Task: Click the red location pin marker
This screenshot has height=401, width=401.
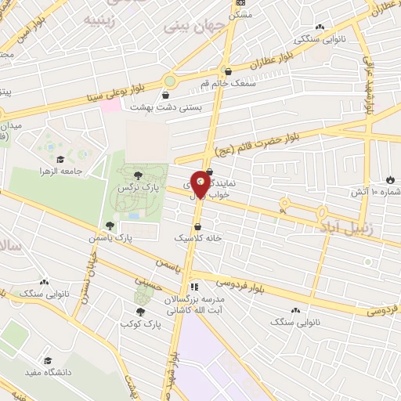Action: [201, 182]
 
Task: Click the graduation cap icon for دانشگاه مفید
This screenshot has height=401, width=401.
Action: [49, 360]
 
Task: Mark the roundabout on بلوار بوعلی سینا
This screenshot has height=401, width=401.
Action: [170, 81]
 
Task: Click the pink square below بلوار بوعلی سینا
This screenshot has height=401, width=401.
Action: [114, 104]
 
